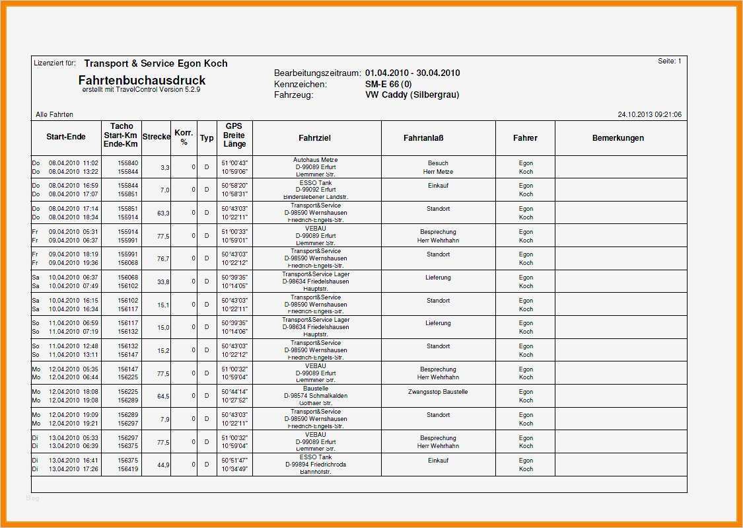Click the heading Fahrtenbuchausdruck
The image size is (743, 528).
tap(142, 81)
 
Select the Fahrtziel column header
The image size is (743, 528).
tap(314, 138)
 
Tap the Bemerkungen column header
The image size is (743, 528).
tap(618, 138)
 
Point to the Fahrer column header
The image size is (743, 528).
tap(525, 138)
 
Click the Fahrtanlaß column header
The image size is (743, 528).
tap(423, 138)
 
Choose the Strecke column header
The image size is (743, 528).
tap(156, 137)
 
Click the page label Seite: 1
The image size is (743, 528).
tap(669, 61)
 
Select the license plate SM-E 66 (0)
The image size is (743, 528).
tap(388, 85)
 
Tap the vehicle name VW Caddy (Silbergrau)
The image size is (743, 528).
tap(412, 95)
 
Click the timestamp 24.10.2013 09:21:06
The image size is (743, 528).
tap(649, 115)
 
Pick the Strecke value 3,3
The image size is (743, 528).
tap(164, 168)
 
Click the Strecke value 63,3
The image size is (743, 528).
tap(163, 213)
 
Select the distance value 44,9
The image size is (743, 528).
tap(163, 465)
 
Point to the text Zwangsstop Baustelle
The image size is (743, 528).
tap(438, 392)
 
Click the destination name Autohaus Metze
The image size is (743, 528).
tap(315, 160)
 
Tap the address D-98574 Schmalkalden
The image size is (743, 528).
tap(315, 396)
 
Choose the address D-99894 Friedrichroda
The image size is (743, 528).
tap(315, 465)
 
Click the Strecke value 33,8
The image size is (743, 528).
tap(163, 282)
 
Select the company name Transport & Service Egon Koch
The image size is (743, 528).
tap(156, 63)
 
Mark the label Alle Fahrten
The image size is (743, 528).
tap(54, 115)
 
